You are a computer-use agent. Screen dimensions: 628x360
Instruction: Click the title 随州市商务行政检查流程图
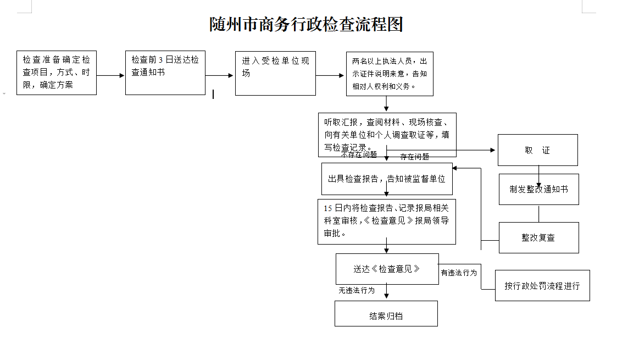coord(307,24)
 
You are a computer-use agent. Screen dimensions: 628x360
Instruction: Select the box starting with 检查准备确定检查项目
coord(57,73)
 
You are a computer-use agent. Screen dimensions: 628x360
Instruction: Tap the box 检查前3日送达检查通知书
coord(165,73)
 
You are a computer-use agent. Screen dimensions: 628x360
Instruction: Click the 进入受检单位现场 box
coord(276,73)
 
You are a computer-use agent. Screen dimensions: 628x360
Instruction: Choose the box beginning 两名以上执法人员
coord(390,74)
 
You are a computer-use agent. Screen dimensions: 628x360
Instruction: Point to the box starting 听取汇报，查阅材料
coord(387,135)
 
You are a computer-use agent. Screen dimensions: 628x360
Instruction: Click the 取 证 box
coord(538,150)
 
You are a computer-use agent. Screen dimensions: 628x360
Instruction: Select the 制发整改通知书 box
coord(538,190)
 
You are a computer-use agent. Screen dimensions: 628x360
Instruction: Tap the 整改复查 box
coord(538,238)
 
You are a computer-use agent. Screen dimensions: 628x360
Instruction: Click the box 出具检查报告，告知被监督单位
coord(387,179)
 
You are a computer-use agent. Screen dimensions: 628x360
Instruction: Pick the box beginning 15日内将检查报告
coord(387,222)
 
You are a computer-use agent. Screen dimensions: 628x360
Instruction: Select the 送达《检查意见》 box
coord(387,269)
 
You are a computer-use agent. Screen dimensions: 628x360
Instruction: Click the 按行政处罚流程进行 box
coord(542,285)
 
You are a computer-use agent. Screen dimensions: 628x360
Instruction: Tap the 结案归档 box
coord(386,313)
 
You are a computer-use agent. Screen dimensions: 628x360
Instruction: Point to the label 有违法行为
coord(459,273)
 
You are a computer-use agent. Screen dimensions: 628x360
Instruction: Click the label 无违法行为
coord(357,290)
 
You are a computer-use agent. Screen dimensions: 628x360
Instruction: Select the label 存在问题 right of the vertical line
coord(414,157)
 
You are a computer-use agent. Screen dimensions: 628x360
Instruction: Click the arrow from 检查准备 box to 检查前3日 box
coord(110,75)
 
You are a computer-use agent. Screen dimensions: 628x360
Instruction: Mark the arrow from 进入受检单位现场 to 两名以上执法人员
coord(330,75)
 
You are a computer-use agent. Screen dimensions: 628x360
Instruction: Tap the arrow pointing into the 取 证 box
coord(441,150)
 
